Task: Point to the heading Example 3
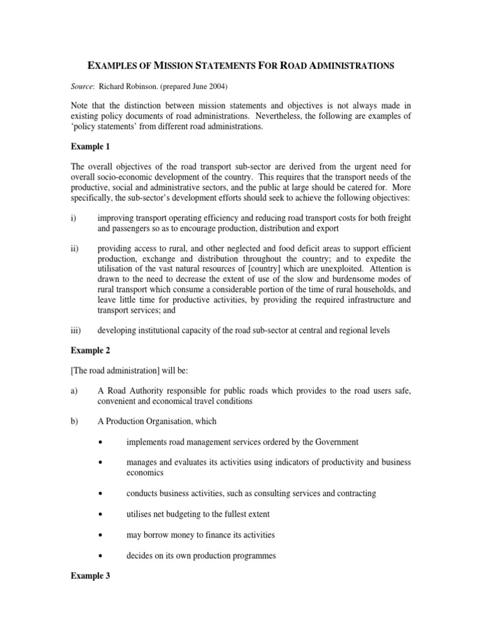94,576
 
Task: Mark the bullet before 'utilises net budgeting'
100,514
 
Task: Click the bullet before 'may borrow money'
100,535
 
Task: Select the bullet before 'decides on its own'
100,556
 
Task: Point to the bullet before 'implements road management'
100,442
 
